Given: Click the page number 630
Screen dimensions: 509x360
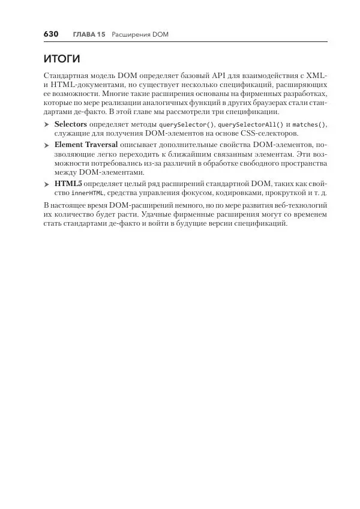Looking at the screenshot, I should click(50, 34).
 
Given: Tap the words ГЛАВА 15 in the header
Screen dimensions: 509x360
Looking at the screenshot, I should click(89, 35).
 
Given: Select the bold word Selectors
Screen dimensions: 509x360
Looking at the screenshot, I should click(71, 124).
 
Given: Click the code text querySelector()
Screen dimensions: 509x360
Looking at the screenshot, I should click(186, 125).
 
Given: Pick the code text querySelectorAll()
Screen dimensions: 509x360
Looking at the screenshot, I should click(247, 125).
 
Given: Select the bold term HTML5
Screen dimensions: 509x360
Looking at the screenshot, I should click(68, 184).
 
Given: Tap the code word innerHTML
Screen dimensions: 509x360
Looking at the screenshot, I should click(88, 194).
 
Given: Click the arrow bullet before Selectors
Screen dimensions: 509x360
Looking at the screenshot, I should click(46, 125).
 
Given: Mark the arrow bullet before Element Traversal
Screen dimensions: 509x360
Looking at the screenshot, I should click(46, 145).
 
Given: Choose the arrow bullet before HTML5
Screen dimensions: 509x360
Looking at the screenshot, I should click(46, 184).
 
